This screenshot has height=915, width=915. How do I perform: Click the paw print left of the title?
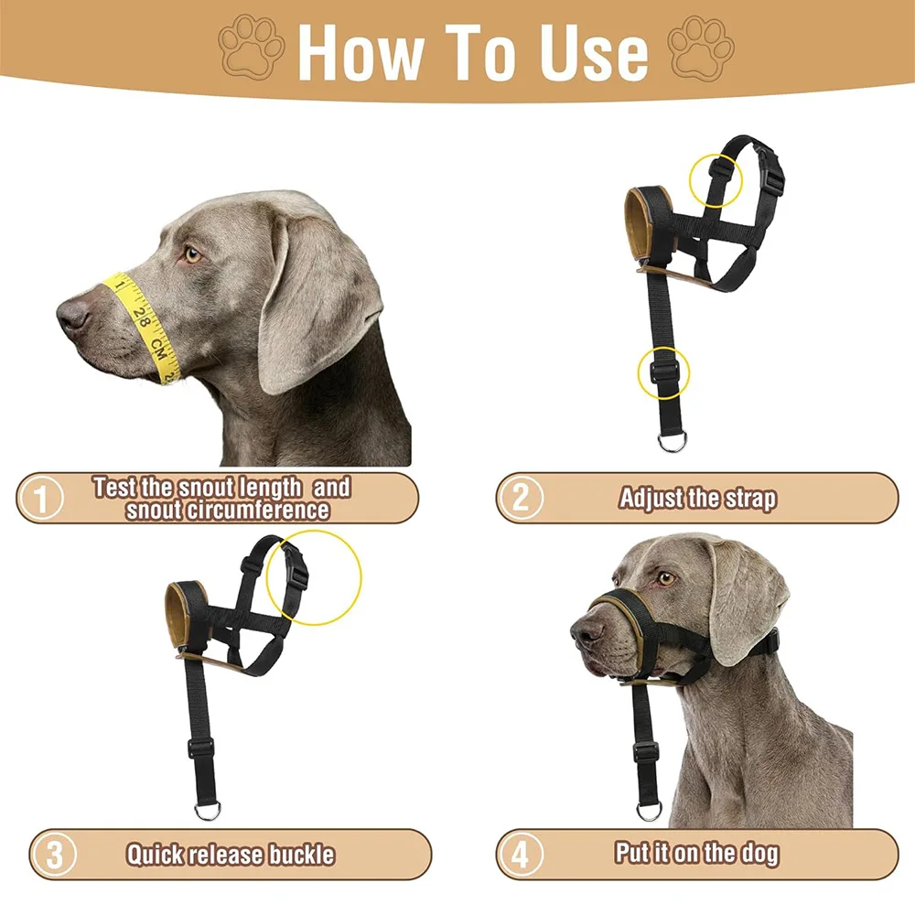[252, 47]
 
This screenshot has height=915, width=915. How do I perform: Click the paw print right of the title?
[701, 47]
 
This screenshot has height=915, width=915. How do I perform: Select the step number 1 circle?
[40, 498]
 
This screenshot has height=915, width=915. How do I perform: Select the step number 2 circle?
[521, 498]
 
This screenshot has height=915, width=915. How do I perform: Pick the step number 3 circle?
[54, 855]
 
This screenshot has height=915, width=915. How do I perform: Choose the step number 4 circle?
[521, 855]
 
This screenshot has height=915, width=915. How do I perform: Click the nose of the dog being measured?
[72, 314]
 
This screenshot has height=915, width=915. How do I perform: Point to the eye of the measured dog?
[192, 254]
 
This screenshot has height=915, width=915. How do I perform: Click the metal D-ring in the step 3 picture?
[208, 810]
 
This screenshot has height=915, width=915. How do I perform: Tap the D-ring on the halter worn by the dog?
[649, 810]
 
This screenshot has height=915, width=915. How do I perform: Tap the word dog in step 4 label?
[760, 855]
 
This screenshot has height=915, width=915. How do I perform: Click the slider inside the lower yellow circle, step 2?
[663, 371]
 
